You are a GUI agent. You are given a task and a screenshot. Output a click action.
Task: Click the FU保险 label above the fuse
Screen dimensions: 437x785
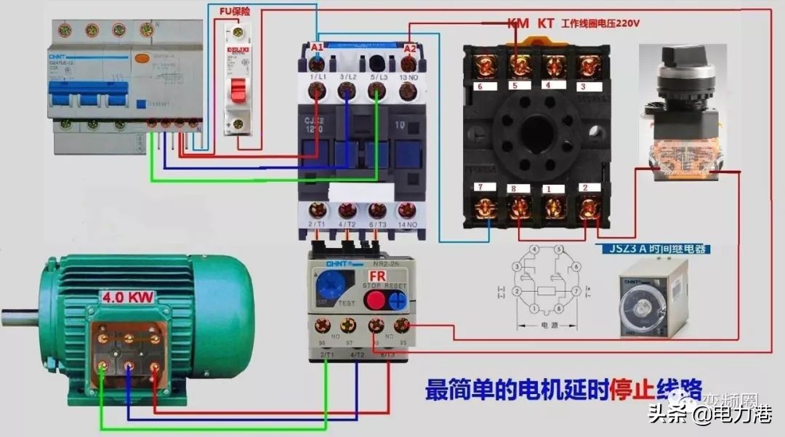coord(235,12)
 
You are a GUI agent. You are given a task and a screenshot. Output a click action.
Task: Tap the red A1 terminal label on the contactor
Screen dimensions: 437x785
coord(317,47)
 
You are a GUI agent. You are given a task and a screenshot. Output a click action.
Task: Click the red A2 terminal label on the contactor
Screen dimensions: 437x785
coord(410,48)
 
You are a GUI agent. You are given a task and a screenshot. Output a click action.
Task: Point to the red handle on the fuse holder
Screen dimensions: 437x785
coord(238,90)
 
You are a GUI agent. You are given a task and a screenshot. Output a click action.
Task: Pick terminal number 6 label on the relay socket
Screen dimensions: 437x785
coord(480,87)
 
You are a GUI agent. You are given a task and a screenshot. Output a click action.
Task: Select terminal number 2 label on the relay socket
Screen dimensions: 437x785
coord(585,188)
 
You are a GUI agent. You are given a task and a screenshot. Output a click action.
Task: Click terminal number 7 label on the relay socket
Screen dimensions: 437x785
coord(480,188)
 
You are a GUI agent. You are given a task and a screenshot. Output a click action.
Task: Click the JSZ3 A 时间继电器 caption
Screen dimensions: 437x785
coord(655,249)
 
